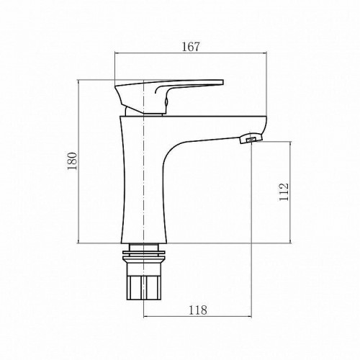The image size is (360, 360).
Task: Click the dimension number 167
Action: tap(191, 46)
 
